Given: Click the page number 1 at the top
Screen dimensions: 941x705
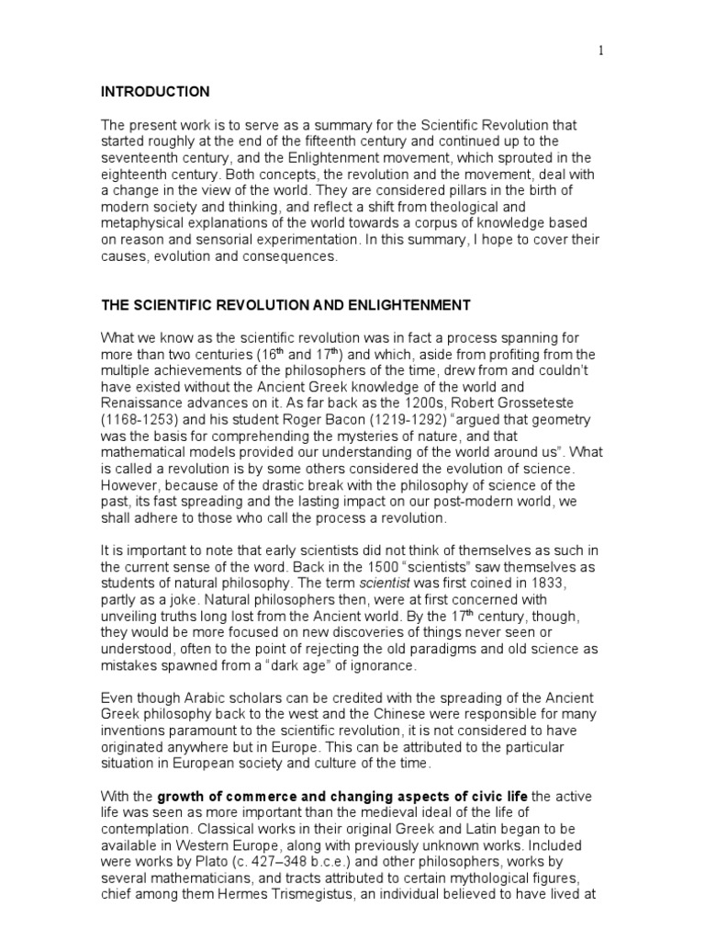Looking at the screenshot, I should click(x=601, y=51).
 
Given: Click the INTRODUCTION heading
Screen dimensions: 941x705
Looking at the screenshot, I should click(x=155, y=92).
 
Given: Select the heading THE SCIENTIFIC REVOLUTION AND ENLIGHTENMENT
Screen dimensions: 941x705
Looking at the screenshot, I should click(x=285, y=304).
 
